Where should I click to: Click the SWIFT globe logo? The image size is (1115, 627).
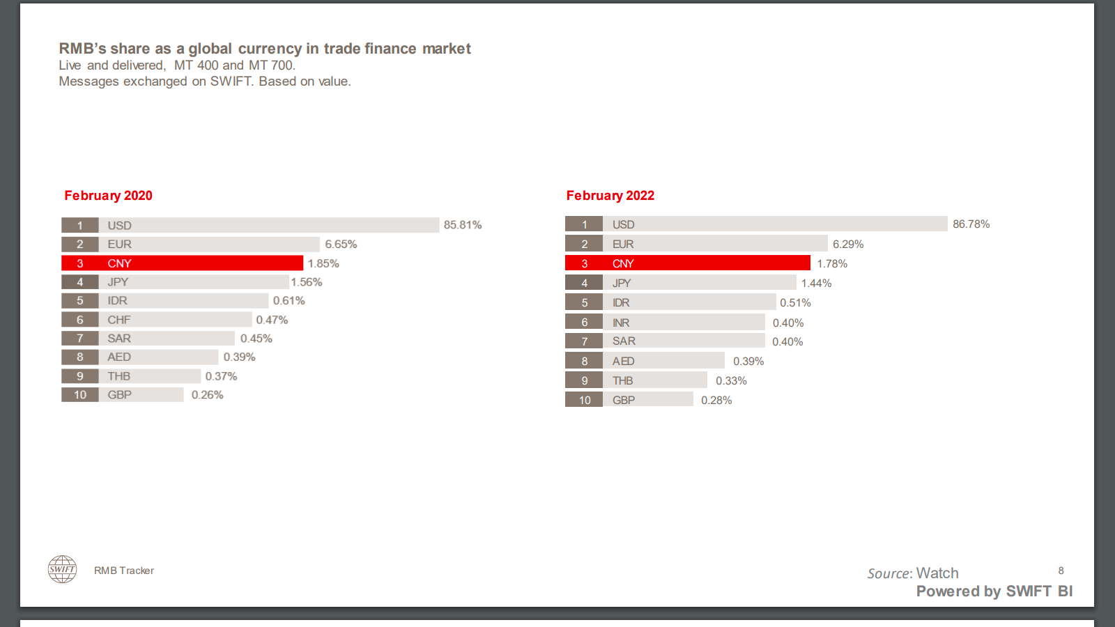[62, 569]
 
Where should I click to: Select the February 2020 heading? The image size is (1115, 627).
[108, 196]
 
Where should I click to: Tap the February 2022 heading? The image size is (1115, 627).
[610, 196]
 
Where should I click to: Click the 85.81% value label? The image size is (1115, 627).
[463, 225]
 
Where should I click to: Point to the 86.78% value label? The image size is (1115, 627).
[971, 224]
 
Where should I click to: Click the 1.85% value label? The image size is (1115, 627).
[323, 263]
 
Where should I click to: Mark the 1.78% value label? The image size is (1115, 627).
[832, 264]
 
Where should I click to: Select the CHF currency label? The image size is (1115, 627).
[119, 320]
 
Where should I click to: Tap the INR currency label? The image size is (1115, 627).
[621, 323]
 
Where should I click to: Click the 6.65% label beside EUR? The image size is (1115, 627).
[341, 245]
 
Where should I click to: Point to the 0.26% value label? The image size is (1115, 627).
[207, 395]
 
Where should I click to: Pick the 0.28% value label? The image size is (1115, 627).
[716, 401]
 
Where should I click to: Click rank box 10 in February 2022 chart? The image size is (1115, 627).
[584, 400]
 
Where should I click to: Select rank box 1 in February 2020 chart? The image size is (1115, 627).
[79, 225]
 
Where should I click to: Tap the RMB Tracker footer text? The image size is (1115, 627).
[124, 571]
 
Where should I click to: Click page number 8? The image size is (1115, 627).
[1061, 571]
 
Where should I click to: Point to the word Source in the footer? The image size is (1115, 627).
[889, 573]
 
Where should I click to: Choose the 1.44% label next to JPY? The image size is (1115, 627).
[816, 284]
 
